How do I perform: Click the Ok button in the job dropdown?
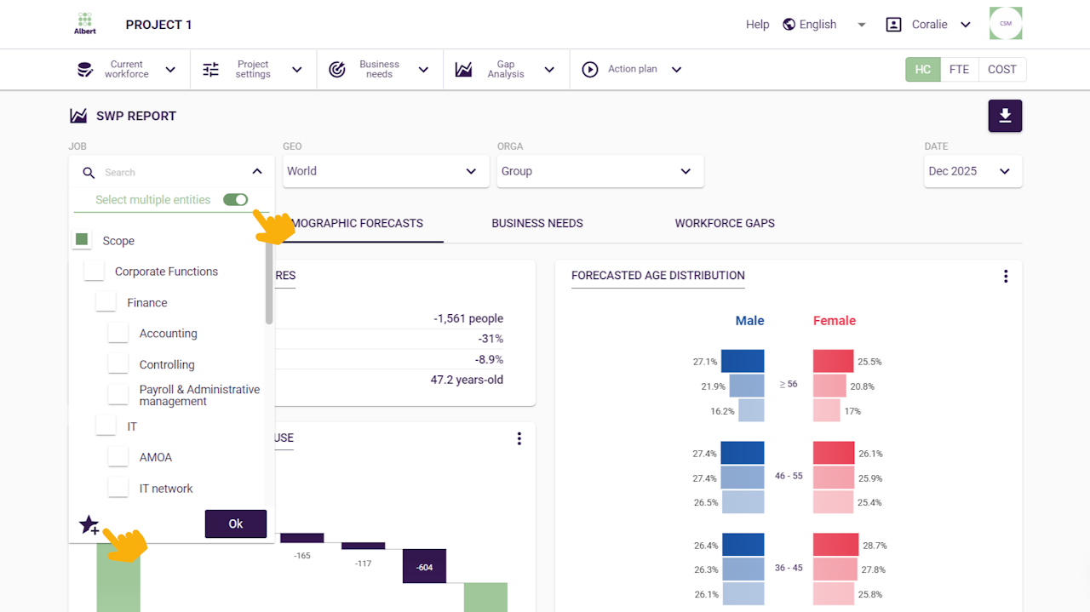click(236, 523)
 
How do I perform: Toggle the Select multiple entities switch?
click(236, 199)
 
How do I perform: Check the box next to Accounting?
click(118, 334)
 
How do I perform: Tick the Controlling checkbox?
click(118, 364)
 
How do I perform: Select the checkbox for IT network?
click(118, 488)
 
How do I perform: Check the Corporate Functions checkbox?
click(94, 272)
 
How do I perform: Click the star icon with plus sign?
click(89, 525)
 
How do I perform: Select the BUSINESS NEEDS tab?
click(537, 223)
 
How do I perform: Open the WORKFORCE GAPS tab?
click(725, 223)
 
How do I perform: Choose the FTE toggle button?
click(959, 70)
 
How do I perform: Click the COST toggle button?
click(1002, 70)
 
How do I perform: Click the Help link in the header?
click(757, 25)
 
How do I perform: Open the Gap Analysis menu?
click(506, 70)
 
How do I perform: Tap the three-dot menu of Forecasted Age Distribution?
click(1006, 276)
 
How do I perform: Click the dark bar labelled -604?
click(424, 567)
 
